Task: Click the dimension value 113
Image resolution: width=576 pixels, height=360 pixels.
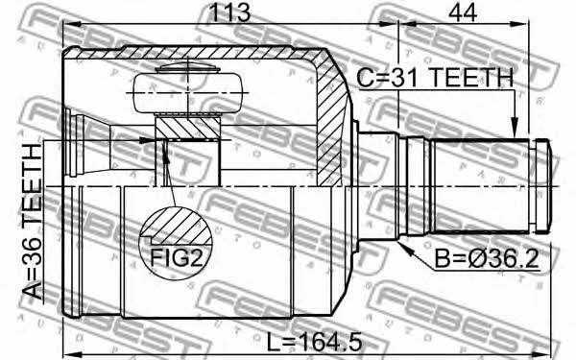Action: (x=229, y=12)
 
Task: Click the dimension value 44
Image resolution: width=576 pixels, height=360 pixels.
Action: (x=463, y=12)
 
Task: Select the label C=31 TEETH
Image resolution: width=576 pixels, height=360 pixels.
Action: (x=435, y=78)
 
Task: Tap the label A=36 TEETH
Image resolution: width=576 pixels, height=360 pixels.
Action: (x=33, y=222)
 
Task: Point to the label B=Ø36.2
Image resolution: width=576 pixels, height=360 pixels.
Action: (x=487, y=258)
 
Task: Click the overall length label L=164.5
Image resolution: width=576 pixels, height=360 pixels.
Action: (x=314, y=343)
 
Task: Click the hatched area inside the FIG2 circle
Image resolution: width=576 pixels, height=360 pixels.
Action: (x=180, y=226)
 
